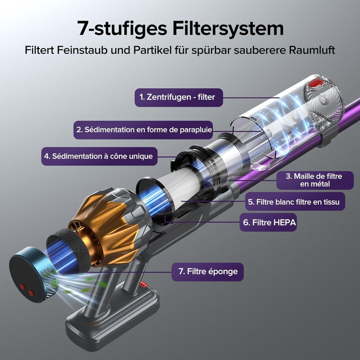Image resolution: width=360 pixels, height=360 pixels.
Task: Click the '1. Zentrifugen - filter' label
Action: (x=178, y=97)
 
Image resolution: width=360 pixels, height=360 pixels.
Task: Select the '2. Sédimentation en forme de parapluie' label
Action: (x=143, y=130)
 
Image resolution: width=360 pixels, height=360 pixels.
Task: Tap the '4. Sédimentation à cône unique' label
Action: (x=99, y=156)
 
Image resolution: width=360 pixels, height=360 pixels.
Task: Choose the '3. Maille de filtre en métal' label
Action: (x=315, y=180)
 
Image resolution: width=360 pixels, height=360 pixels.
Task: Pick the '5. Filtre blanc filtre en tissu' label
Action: (x=295, y=201)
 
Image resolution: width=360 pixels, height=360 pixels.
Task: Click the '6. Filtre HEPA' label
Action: (x=268, y=222)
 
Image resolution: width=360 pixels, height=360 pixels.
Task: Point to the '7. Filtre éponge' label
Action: (x=207, y=272)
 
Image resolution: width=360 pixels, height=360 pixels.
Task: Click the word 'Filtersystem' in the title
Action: (x=228, y=28)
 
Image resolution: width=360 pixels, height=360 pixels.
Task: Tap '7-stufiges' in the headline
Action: (x=122, y=28)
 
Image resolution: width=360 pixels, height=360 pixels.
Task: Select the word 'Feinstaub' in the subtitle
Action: (x=82, y=50)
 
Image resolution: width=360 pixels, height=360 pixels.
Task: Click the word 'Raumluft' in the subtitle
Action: (x=312, y=50)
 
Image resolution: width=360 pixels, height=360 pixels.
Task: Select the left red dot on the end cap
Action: (x=22, y=286)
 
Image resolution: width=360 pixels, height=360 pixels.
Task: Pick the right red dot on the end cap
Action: (x=31, y=292)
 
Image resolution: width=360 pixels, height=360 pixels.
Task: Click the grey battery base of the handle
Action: (x=112, y=318)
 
